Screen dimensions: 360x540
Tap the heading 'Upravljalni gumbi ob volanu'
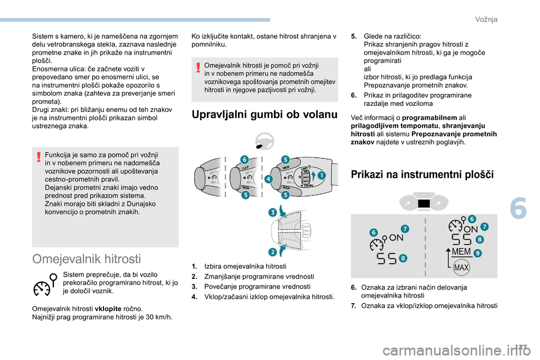point(264,115)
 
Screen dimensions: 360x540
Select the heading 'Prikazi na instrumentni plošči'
point(422,174)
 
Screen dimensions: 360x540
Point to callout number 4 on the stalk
point(268,179)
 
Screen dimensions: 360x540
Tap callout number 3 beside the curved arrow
point(272,213)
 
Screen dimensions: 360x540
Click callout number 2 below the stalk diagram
point(272,251)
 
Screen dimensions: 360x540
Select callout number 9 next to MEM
point(478,254)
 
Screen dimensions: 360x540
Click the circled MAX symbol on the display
point(461,268)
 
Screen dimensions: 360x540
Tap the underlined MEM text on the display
point(461,251)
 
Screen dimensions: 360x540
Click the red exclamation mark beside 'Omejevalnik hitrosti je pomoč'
point(199,67)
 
